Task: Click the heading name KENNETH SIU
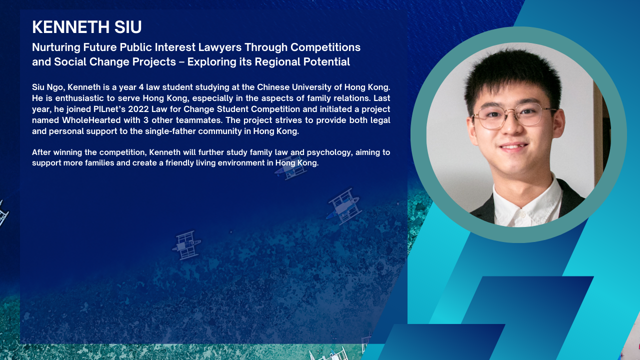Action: [87, 27]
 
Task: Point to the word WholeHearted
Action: [91, 120]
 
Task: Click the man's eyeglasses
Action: [513, 115]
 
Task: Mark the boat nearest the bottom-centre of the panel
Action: [186, 245]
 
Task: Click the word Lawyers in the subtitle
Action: [220, 47]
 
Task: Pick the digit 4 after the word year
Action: [141, 87]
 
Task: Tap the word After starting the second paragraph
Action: [41, 152]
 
